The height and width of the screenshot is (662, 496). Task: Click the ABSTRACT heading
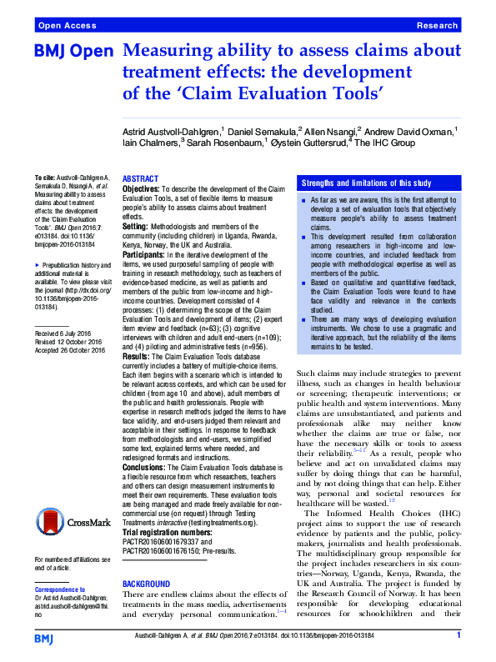139,179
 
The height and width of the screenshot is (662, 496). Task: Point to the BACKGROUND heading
146,584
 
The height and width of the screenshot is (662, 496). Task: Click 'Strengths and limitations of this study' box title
366,183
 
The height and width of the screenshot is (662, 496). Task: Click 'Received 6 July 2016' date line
59,334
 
